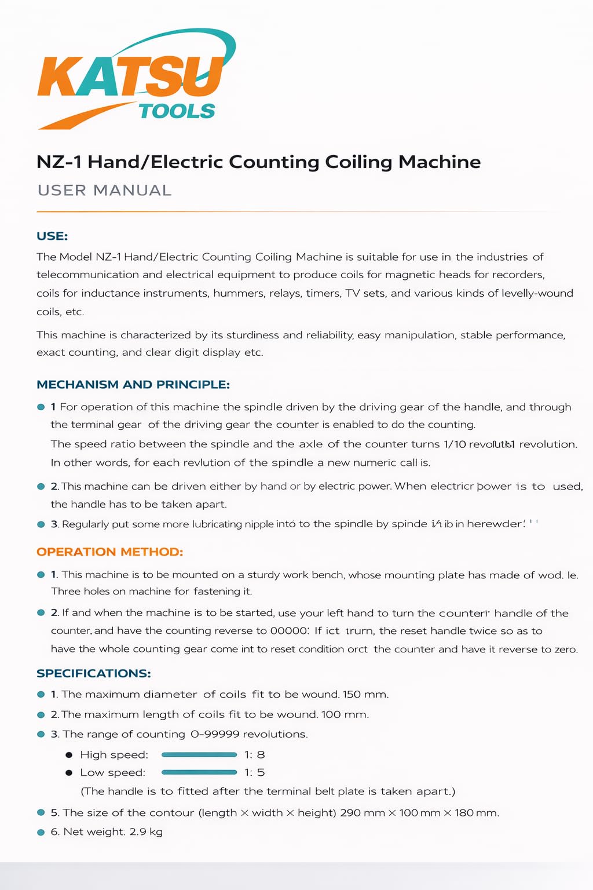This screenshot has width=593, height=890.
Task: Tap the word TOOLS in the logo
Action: pyautogui.click(x=177, y=111)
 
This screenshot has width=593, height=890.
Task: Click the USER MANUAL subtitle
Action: pyautogui.click(x=104, y=190)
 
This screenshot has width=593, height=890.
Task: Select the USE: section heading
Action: pyautogui.click(x=52, y=236)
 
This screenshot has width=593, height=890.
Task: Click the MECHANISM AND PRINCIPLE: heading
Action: pyautogui.click(x=133, y=385)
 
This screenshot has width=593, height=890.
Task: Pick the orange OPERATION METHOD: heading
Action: pyautogui.click(x=109, y=552)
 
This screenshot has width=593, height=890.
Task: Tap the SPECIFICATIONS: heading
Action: pyautogui.click(x=94, y=673)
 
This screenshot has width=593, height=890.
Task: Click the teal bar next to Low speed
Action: pyautogui.click(x=199, y=772)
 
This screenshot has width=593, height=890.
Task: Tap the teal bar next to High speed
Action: pyautogui.click(x=199, y=754)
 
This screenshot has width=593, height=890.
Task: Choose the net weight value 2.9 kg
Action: pyautogui.click(x=146, y=832)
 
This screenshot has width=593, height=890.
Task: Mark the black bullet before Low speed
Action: pyautogui.click(x=69, y=773)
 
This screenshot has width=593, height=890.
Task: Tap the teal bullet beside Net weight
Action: pyautogui.click(x=41, y=832)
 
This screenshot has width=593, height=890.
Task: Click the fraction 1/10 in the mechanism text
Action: pyautogui.click(x=455, y=444)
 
